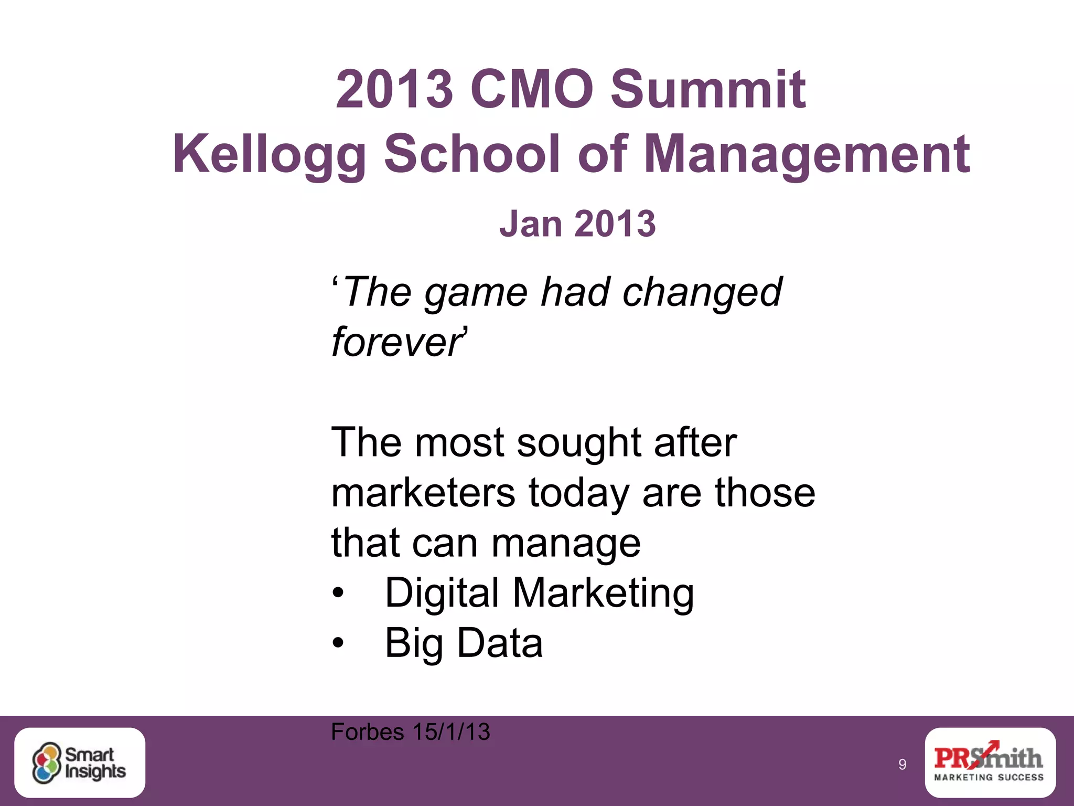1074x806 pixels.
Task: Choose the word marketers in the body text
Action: point(423,493)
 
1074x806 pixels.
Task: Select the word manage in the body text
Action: point(566,544)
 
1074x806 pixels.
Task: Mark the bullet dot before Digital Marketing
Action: point(338,593)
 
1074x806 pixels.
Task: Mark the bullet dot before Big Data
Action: point(338,643)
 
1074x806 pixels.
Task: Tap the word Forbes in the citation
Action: point(367,732)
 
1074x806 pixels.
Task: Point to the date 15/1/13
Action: point(451,732)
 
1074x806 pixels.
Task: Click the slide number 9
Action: point(902,765)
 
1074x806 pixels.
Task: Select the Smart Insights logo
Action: point(80,762)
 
